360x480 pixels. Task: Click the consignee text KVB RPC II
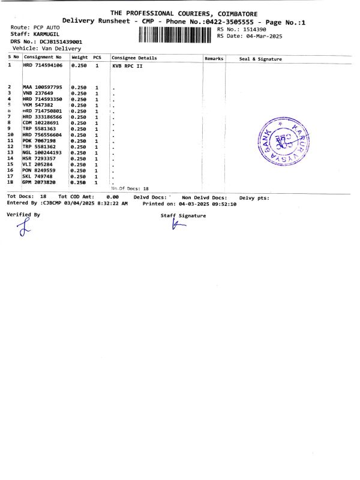127,65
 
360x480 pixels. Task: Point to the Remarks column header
214,58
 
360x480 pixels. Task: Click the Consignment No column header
42,58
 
